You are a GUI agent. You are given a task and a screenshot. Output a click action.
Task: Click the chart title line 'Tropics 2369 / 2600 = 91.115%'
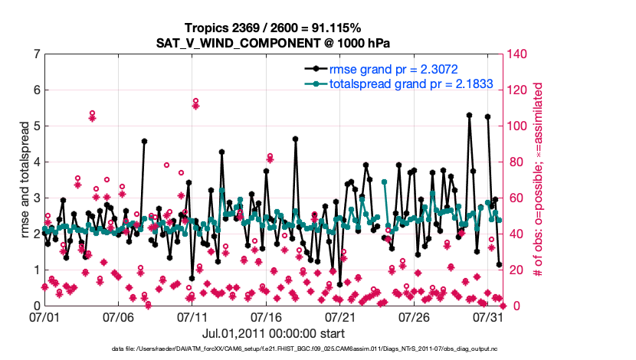(317, 28)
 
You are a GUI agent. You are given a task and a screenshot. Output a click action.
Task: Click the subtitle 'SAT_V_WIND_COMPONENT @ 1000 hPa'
(317, 42)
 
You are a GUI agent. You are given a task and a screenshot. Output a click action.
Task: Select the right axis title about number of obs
(538, 180)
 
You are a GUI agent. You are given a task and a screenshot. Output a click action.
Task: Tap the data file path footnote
(317, 349)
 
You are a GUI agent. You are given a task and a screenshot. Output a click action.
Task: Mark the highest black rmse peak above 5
(470, 115)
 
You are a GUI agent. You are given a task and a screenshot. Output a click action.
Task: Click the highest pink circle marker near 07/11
(196, 100)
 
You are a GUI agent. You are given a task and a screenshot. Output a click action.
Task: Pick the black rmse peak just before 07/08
(144, 141)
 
